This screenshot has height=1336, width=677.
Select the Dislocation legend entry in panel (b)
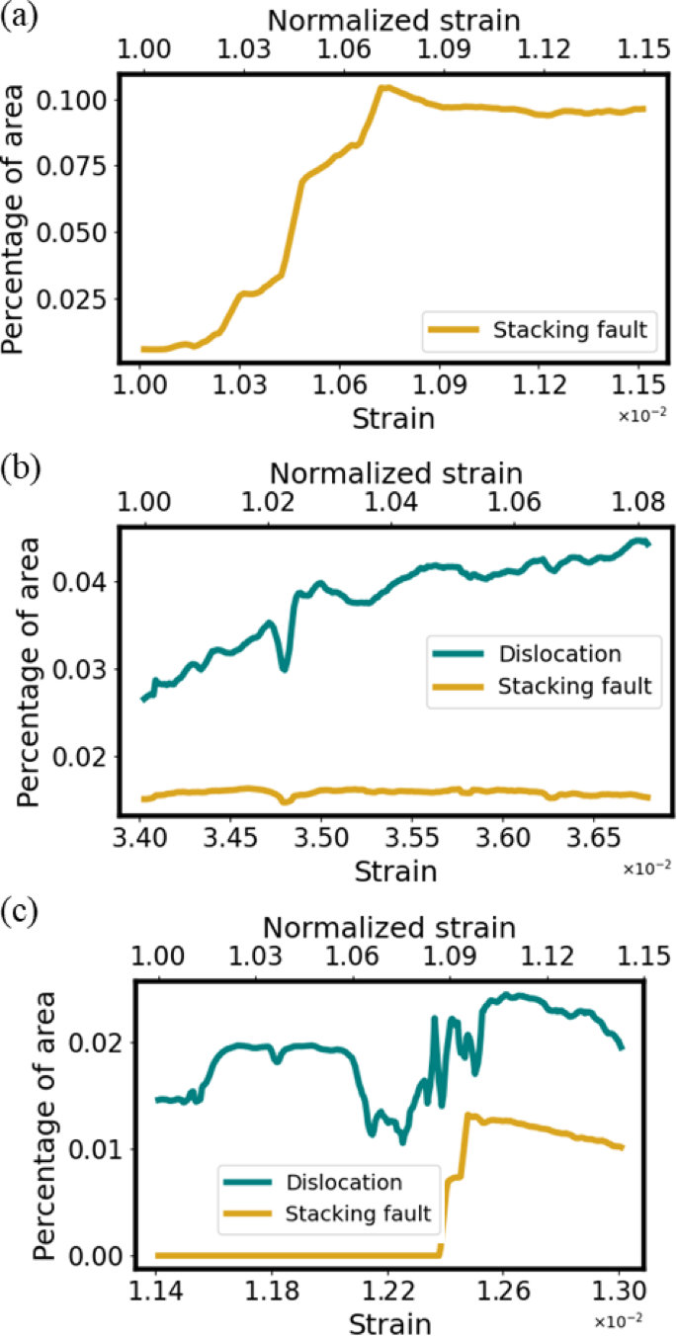535,654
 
